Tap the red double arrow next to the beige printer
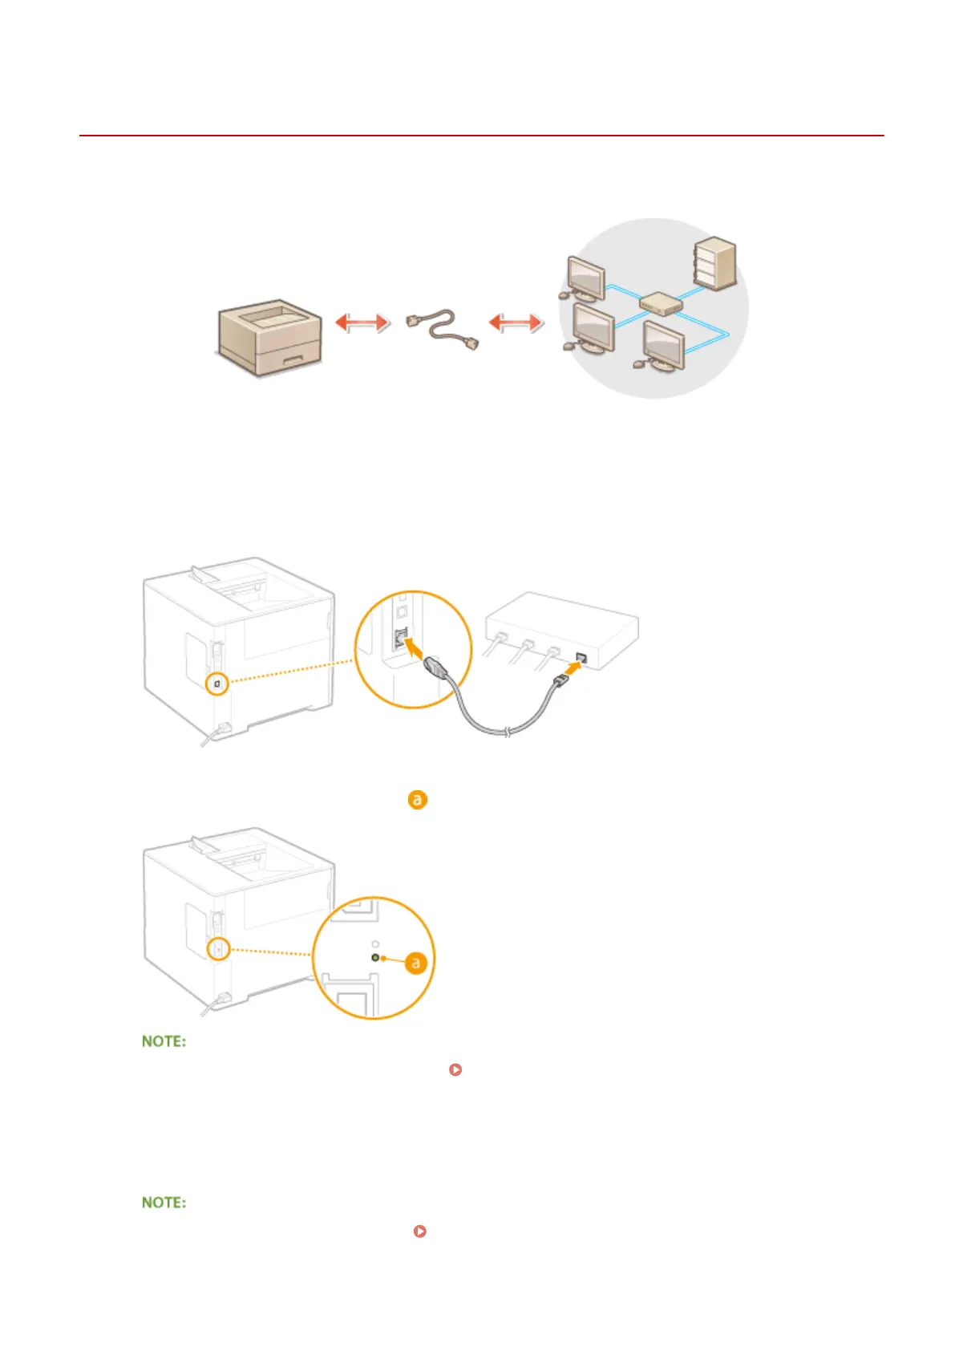click(362, 323)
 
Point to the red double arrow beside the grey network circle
click(516, 323)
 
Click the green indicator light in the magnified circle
click(375, 958)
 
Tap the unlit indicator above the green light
click(375, 944)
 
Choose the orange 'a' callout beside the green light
click(415, 962)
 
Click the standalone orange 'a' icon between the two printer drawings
click(417, 800)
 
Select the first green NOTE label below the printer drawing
click(164, 1041)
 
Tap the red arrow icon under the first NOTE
click(455, 1069)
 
